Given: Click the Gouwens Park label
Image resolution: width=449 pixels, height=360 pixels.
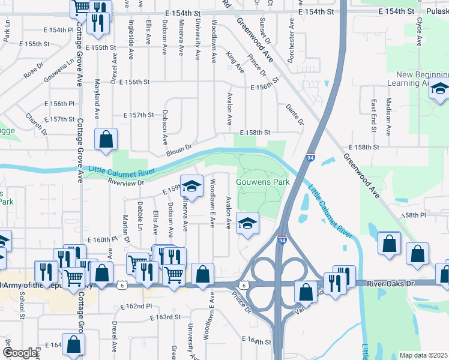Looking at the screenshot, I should pyautogui.click(x=262, y=182).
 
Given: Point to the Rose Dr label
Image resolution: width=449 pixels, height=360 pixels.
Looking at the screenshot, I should pyautogui.click(x=34, y=72).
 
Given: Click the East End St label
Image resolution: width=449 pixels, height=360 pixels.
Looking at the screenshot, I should pyautogui.click(x=373, y=113).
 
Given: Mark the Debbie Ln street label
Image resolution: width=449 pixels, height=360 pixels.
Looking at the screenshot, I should pyautogui.click(x=140, y=216).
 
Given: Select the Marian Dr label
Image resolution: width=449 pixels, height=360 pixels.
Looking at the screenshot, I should pyautogui.click(x=126, y=225).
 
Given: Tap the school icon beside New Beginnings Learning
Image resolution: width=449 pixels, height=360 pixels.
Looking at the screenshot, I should pyautogui.click(x=439, y=90).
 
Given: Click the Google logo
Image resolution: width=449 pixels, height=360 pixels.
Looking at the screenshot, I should pyautogui.click(x=19, y=353).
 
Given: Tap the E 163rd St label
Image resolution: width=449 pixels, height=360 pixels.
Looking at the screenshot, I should pyautogui.click(x=166, y=317).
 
